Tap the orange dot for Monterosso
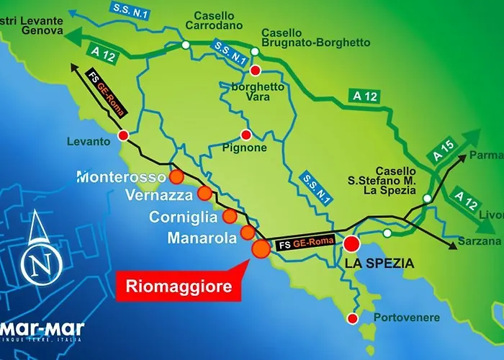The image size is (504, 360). pos(176,176)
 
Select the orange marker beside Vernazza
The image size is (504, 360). pos(204,193)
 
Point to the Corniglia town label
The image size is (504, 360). pos(183,217)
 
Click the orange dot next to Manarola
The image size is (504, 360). pos(248,232)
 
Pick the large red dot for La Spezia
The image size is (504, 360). pos(351,243)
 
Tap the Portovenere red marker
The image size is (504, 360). pos(352,318)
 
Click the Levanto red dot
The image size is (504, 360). pos(123,135)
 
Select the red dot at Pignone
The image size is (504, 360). pos(246,135)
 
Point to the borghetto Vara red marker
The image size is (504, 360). pos(255,71)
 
